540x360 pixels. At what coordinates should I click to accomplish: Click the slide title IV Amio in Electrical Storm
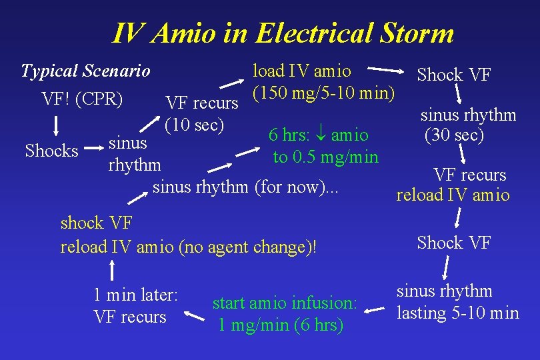[x=283, y=33]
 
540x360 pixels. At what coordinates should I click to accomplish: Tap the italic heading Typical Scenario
[x=85, y=71]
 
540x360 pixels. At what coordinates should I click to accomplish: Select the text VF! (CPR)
[x=83, y=99]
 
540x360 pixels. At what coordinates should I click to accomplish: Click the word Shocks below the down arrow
[x=51, y=151]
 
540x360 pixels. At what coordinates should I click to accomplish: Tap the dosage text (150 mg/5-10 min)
[x=324, y=91]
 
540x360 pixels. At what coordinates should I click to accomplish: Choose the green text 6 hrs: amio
[x=318, y=135]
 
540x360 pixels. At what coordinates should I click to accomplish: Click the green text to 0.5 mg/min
[x=325, y=157]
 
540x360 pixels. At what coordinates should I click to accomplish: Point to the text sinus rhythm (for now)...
[x=246, y=187]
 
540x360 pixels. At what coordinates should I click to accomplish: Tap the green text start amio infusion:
[x=285, y=303]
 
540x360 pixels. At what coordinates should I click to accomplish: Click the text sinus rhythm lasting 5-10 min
[x=457, y=302]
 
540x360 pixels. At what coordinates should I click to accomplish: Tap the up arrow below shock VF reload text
[x=113, y=270]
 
